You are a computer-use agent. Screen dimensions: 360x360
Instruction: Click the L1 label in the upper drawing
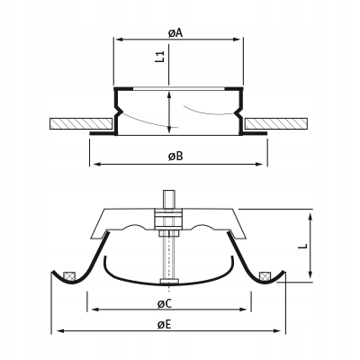click(159, 57)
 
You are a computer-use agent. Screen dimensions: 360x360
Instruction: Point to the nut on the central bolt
click(168, 220)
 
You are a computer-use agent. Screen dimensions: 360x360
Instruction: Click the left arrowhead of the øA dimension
click(117, 40)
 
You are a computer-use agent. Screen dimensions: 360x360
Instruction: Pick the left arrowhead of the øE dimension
click(58, 331)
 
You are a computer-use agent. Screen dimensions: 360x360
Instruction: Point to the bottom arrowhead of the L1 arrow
click(172, 130)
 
